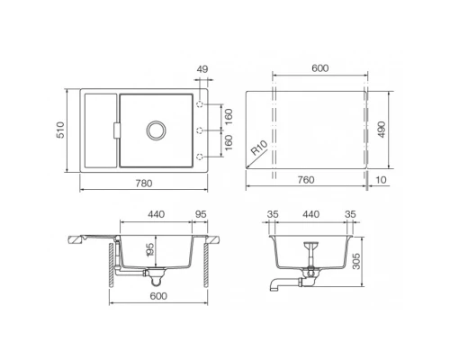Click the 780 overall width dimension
point(142,184)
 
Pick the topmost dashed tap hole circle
point(199,104)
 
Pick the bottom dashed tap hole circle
point(199,157)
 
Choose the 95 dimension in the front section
point(201,215)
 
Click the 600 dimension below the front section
point(159,296)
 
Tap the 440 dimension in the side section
point(310,215)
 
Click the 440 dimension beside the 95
point(156,215)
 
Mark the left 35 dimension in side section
point(271,215)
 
